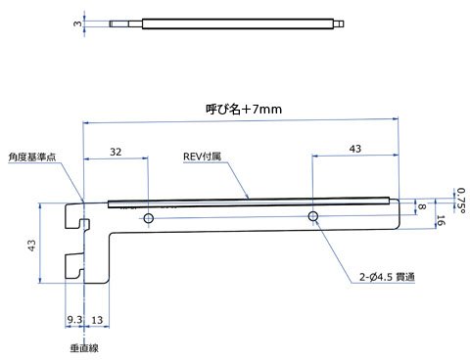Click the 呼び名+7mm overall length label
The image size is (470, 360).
[244, 109]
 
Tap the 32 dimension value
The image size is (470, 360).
[116, 152]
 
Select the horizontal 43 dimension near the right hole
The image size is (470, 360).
[355, 149]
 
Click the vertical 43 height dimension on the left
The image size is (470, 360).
[31, 246]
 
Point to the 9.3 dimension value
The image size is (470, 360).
[74, 320]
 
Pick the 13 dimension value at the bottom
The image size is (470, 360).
[97, 320]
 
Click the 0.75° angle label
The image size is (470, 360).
[461, 201]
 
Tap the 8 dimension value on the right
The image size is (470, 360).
[422, 206]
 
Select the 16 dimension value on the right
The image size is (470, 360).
[441, 220]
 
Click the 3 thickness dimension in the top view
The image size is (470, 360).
[77, 23]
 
